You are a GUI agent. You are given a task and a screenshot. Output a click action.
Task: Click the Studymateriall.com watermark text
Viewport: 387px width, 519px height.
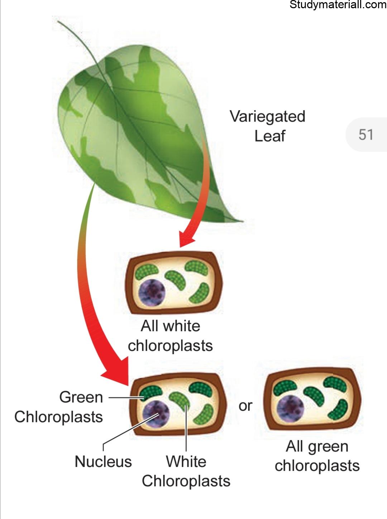[x=338, y=5]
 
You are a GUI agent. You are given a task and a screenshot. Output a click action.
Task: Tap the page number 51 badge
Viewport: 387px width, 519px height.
[x=366, y=135]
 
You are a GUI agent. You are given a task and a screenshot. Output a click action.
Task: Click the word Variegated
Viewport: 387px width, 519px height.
[x=268, y=116]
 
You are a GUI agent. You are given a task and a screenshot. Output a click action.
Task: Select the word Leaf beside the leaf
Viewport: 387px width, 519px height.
[x=270, y=136]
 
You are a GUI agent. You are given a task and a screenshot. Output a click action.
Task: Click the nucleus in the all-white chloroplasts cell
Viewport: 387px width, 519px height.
[x=152, y=293]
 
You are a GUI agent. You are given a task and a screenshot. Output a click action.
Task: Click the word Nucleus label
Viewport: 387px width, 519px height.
[x=103, y=462]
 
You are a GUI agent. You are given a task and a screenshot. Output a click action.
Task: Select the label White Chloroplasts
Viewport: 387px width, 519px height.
[x=186, y=471]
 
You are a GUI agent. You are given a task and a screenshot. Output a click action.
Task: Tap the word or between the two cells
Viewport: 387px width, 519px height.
[x=245, y=406]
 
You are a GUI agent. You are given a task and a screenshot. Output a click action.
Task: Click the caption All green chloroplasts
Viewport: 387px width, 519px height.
[x=317, y=456]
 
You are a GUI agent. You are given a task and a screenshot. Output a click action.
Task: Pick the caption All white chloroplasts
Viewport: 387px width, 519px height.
[x=170, y=336]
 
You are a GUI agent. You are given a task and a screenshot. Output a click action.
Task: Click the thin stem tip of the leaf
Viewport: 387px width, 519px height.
[x=58, y=21]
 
